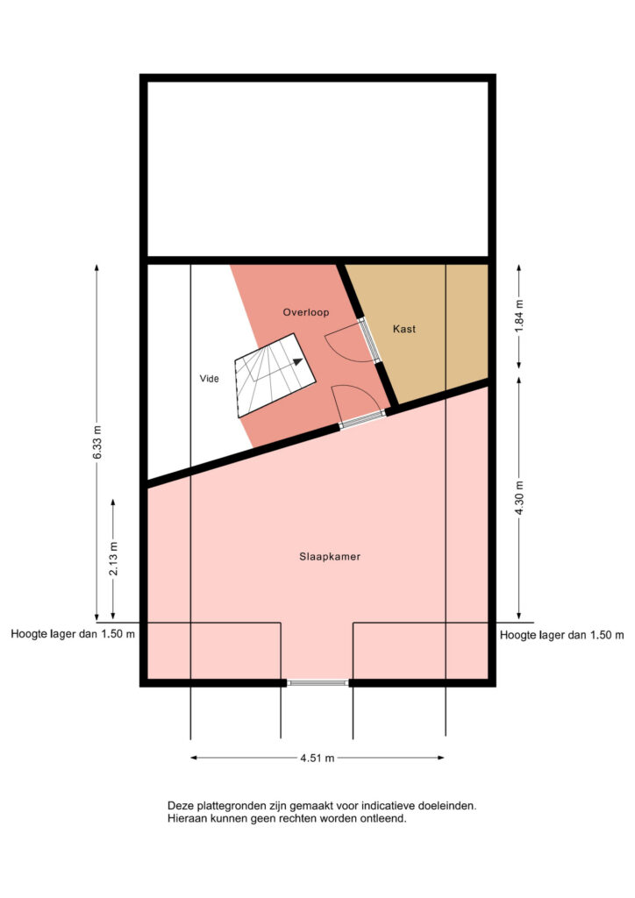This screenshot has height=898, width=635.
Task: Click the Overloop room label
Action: pos(306,313)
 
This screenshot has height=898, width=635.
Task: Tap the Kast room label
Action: pos(404,329)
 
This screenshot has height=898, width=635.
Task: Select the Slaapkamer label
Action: pos(330,557)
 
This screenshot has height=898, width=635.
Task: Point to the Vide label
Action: pos(209,379)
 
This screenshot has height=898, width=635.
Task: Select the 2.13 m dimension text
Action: pos(113,559)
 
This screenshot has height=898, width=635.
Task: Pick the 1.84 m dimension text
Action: pos(518,316)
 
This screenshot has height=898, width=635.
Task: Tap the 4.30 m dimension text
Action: pos(519,498)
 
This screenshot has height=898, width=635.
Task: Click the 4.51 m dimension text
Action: pos(317,759)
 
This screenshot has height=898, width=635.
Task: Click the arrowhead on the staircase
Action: pos(297,361)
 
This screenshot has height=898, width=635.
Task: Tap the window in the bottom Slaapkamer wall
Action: pos(317,682)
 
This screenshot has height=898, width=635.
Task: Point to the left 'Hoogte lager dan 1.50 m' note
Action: pos(74,635)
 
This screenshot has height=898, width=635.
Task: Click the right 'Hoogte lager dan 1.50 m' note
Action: pos(561,635)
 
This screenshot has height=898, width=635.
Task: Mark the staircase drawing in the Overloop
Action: pos(275,375)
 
